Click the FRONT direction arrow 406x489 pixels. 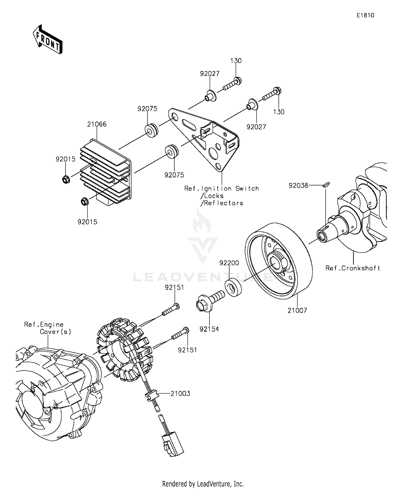coord(48,39)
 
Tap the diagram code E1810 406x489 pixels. coord(365,15)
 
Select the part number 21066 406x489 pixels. coord(97,124)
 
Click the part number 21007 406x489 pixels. coord(297,311)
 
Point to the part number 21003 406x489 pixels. coord(180,394)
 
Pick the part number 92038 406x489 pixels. coord(298,185)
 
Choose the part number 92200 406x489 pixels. coord(229,263)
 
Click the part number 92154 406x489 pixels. coord(209,329)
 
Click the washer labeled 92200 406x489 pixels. coord(233,288)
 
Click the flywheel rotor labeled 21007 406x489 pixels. coord(279,261)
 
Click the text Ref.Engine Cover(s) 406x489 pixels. coord(48,328)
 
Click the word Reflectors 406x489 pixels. coord(223,203)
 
